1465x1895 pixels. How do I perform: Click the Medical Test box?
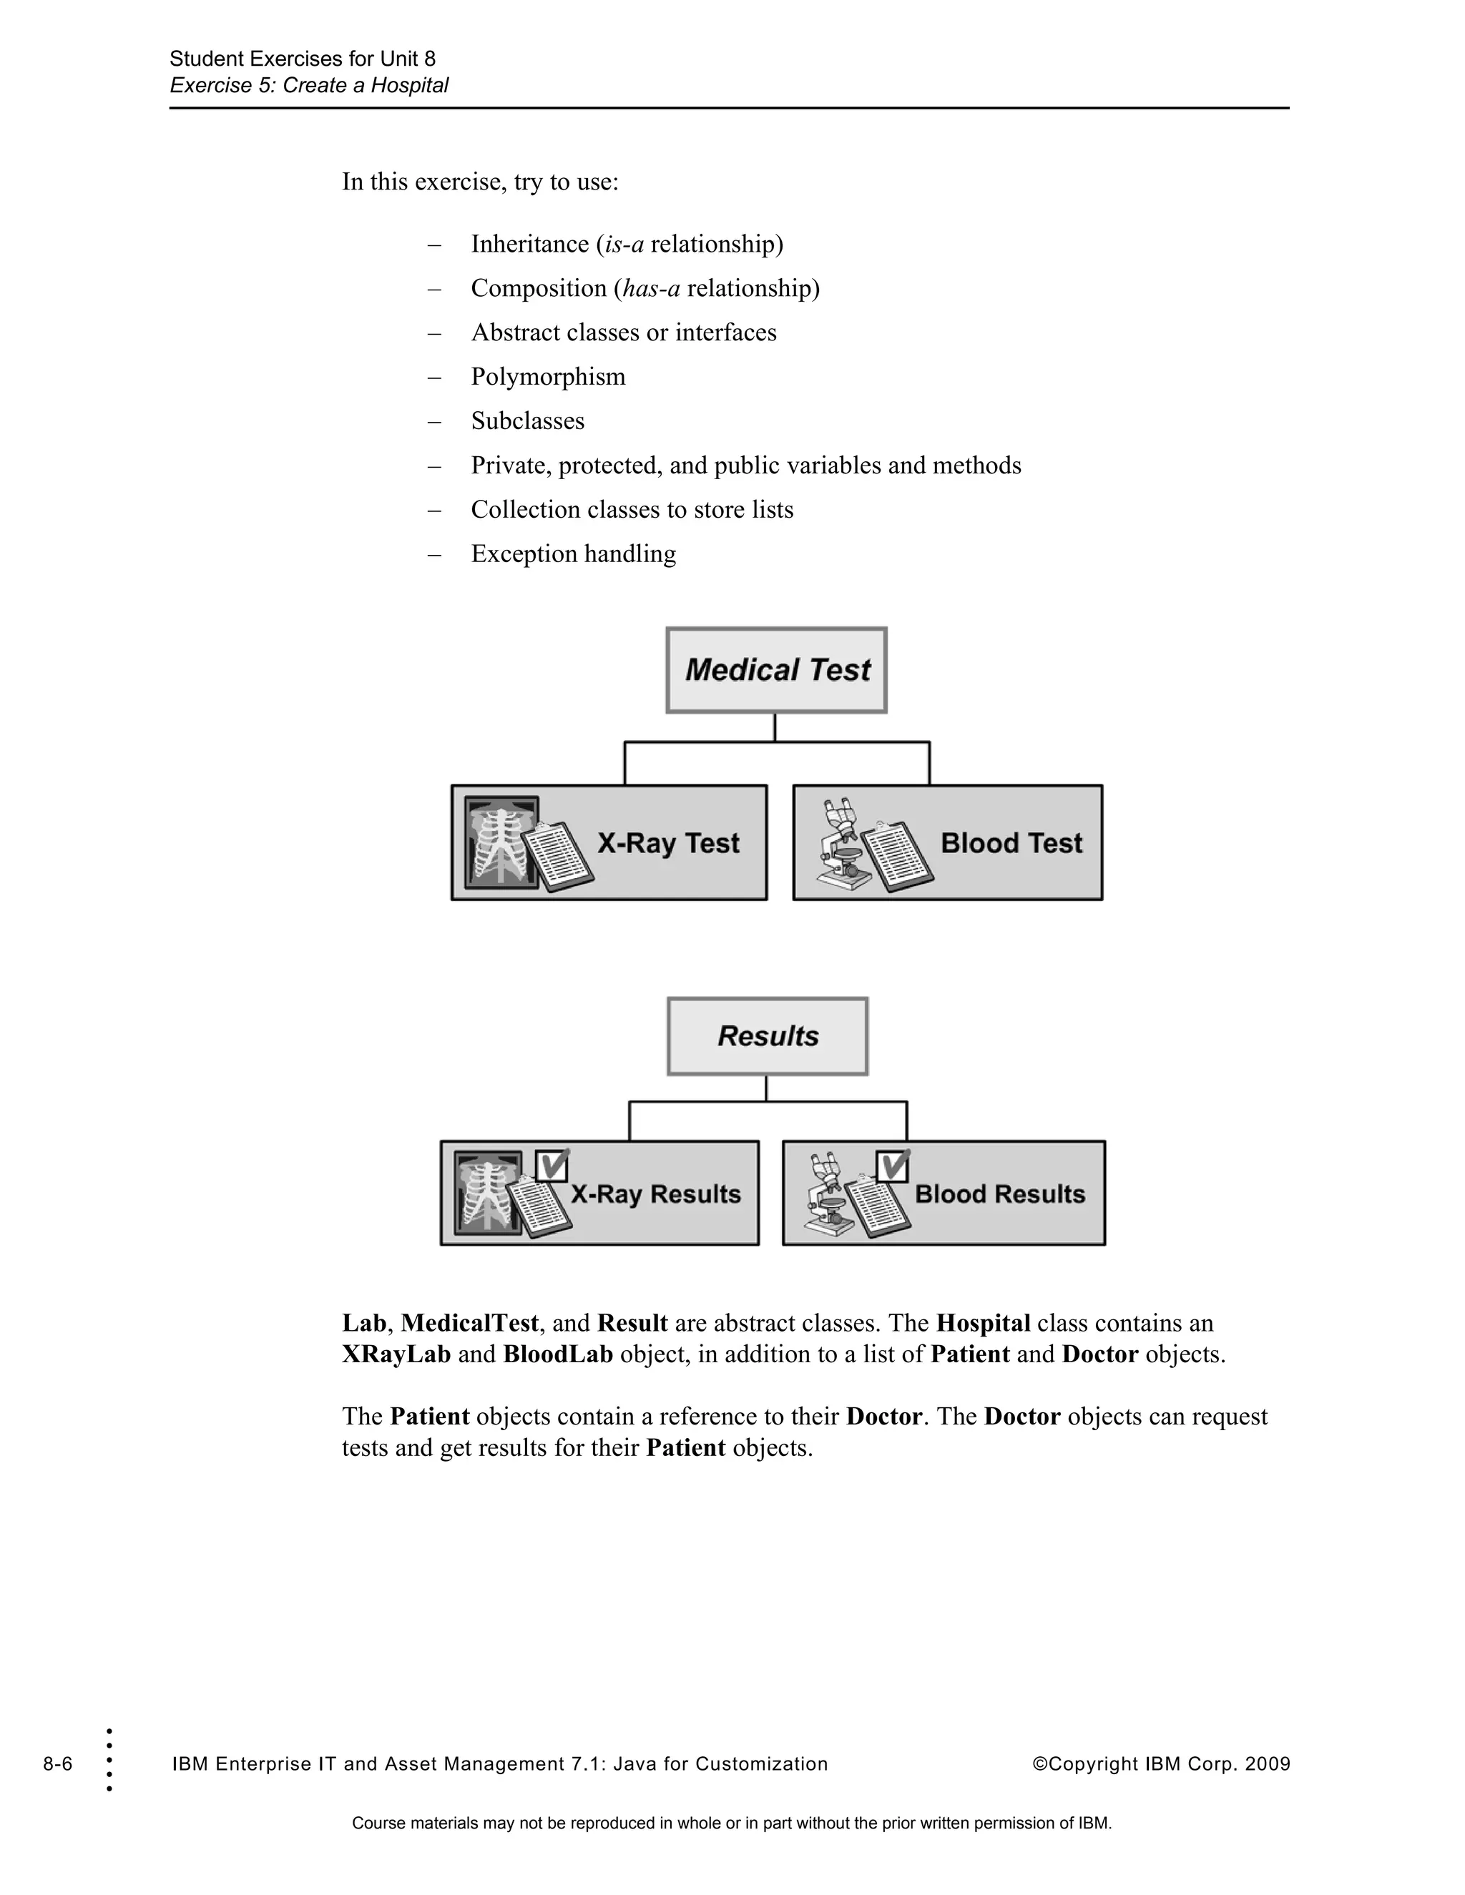pos(776,670)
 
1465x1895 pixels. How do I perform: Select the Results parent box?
pos(768,1036)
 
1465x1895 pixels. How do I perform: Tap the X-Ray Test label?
pos(667,842)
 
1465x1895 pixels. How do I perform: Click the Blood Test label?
pos(1011,842)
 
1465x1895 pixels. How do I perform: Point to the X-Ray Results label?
pos(655,1194)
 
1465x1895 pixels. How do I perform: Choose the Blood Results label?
pos(1000,1194)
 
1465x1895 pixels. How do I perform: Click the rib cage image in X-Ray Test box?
pos(501,841)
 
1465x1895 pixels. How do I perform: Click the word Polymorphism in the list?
pos(548,377)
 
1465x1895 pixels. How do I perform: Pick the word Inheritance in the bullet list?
pos(529,244)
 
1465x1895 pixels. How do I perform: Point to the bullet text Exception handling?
pos(573,553)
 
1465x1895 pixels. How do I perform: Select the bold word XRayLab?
pos(396,1354)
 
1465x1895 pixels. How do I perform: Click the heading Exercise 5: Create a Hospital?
pos(309,85)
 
